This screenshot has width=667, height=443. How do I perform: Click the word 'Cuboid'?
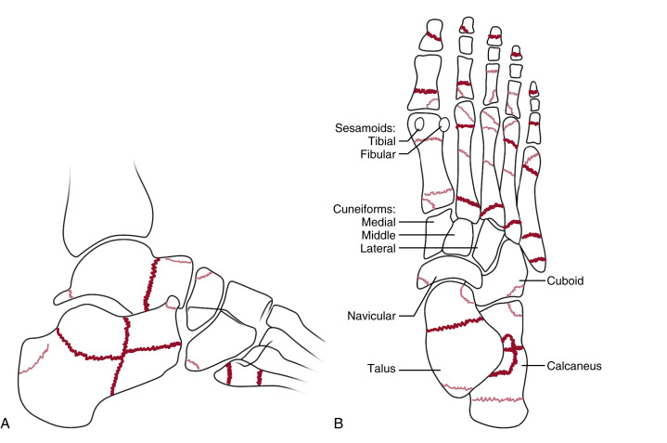point(553,278)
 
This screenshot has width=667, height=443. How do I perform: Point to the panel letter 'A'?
point(6,424)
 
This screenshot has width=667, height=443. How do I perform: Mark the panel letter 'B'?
point(339,424)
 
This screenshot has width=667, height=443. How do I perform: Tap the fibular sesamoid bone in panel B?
point(445,124)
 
